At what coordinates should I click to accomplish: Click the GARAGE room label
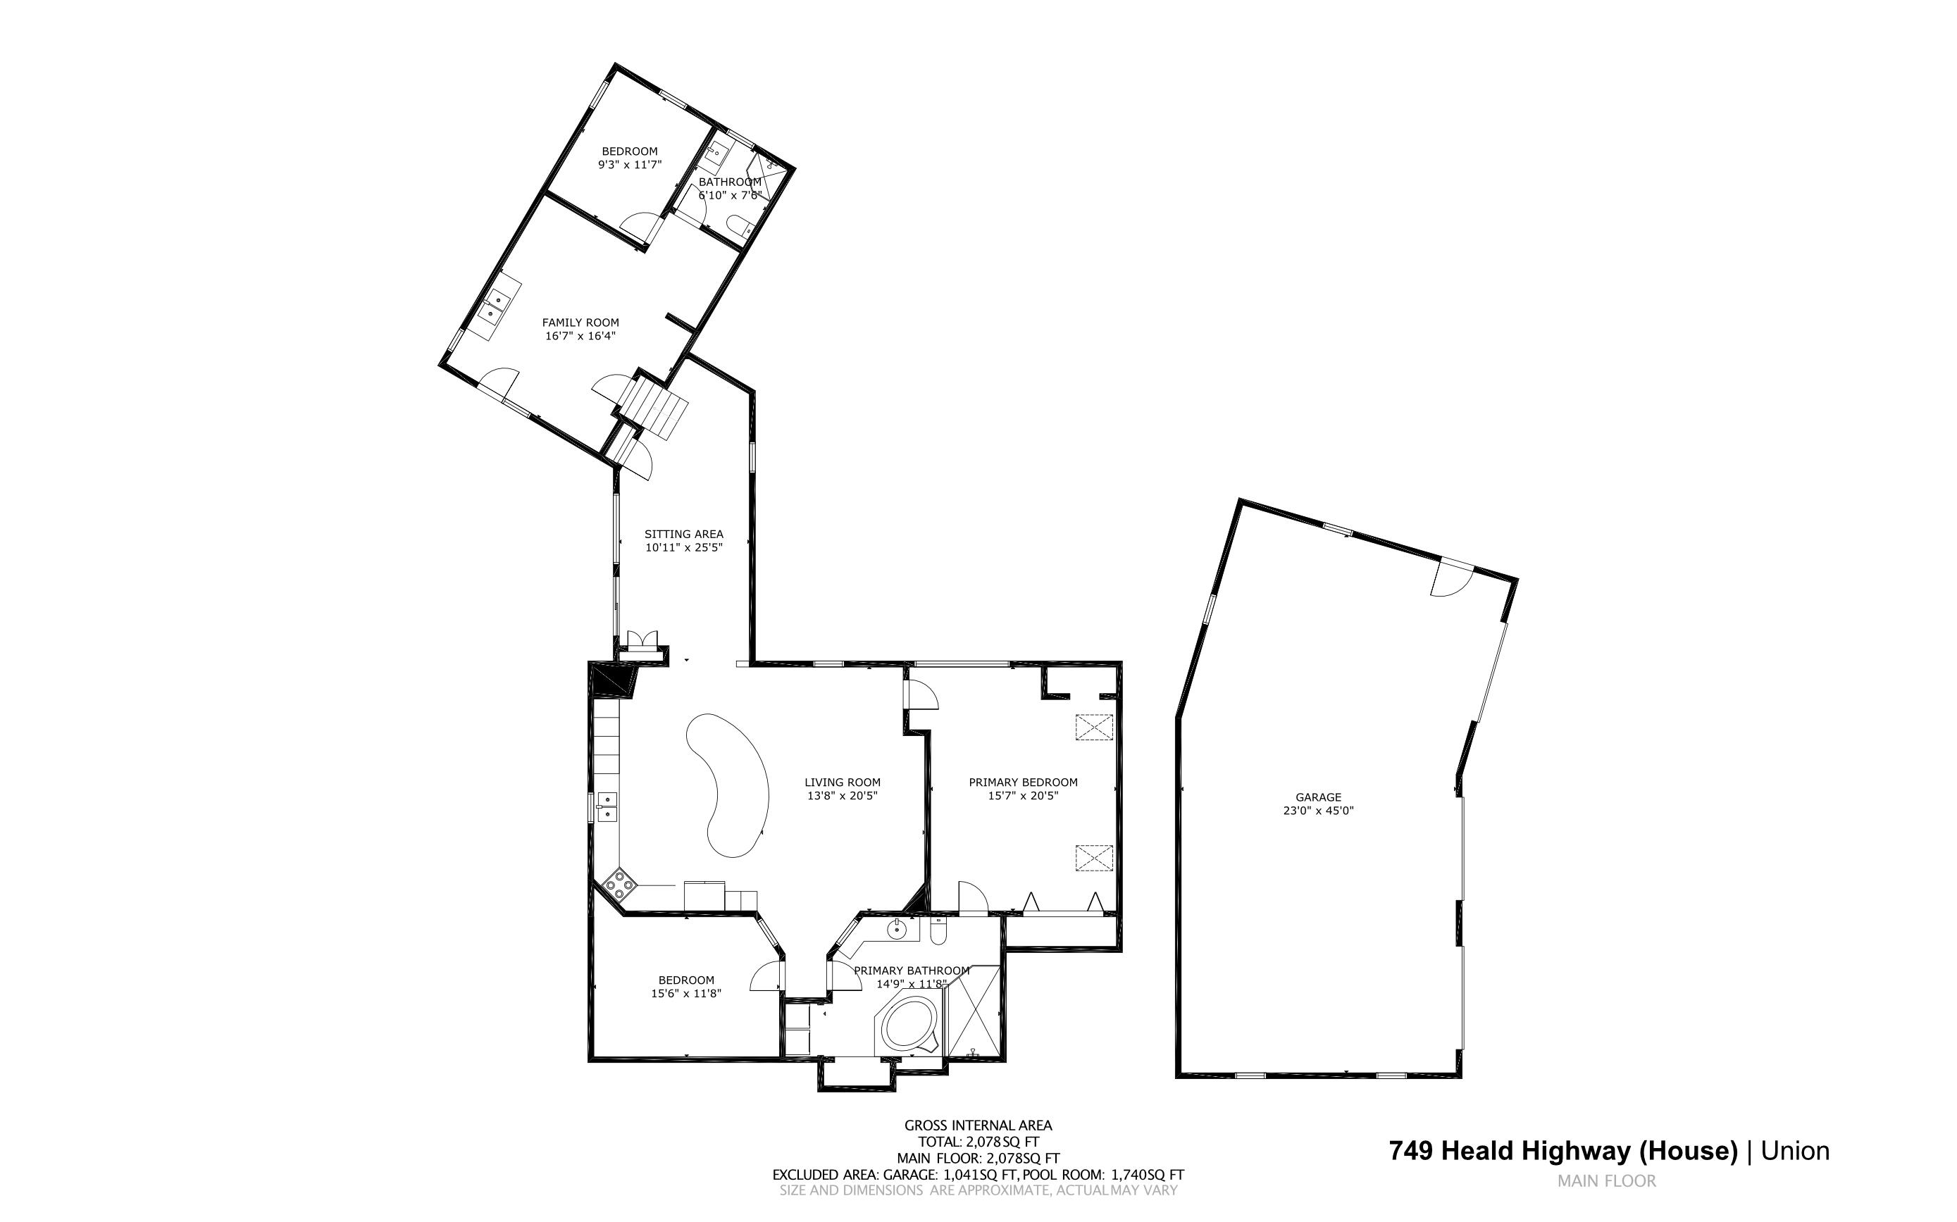1317,797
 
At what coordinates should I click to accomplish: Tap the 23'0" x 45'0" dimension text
1317,810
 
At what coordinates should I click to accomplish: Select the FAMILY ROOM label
580,323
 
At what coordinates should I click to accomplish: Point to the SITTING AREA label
683,534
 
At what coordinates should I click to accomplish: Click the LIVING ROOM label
843,783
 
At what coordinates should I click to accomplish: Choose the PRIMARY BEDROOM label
1023,783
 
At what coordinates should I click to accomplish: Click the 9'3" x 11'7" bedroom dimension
629,164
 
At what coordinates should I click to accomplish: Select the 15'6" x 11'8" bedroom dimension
685,993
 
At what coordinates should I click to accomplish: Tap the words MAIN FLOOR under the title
1606,1180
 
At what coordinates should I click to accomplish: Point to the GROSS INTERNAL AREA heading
977,1125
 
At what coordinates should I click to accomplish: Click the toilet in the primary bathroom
938,933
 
